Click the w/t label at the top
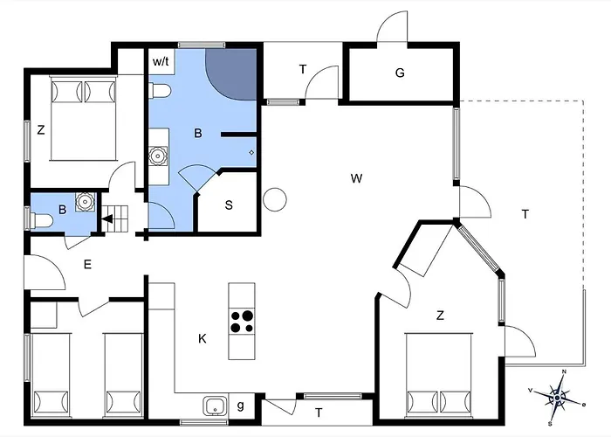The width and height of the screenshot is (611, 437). coord(161,62)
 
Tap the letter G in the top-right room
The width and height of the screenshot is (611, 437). coord(400,73)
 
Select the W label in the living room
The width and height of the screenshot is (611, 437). coord(356,179)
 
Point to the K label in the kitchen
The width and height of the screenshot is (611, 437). coord(202,338)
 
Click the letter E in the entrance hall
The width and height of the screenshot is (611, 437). coord(87,264)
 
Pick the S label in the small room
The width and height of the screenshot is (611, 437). coord(229,206)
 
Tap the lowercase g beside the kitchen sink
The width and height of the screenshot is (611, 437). coord(241,405)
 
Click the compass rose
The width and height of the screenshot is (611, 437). coord(556,398)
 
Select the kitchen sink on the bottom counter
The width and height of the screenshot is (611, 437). coord(215,406)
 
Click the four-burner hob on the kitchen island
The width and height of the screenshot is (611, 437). coord(242,322)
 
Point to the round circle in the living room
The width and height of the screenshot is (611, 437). coord(275,199)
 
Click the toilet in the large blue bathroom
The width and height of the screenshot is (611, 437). coord(159,91)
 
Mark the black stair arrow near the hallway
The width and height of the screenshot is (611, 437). coord(110,218)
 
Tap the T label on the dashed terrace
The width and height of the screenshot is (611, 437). coord(525,214)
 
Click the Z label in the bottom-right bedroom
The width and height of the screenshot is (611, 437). coord(441,316)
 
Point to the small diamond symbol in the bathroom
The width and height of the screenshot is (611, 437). coord(251,152)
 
